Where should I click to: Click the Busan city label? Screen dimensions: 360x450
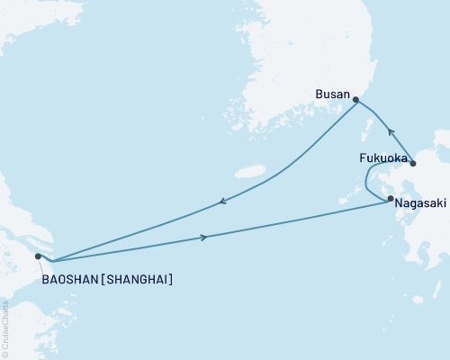(x=331, y=93)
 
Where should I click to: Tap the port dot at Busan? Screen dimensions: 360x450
(x=355, y=101)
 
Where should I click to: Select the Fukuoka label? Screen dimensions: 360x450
(x=382, y=158)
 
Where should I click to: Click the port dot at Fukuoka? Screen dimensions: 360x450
(x=413, y=163)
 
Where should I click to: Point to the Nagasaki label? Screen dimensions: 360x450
(x=419, y=203)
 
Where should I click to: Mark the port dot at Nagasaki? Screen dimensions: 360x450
(x=391, y=199)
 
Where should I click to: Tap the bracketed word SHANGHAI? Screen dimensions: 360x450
(x=139, y=280)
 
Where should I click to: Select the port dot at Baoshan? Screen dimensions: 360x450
(x=38, y=256)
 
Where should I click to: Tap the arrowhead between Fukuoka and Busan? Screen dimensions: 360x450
(x=379, y=127)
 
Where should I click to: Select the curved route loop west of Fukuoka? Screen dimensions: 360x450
(x=367, y=184)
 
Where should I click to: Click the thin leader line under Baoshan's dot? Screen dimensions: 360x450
(x=41, y=265)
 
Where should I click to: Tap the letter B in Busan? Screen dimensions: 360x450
(x=318, y=93)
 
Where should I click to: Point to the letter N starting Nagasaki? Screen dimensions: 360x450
(x=397, y=203)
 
